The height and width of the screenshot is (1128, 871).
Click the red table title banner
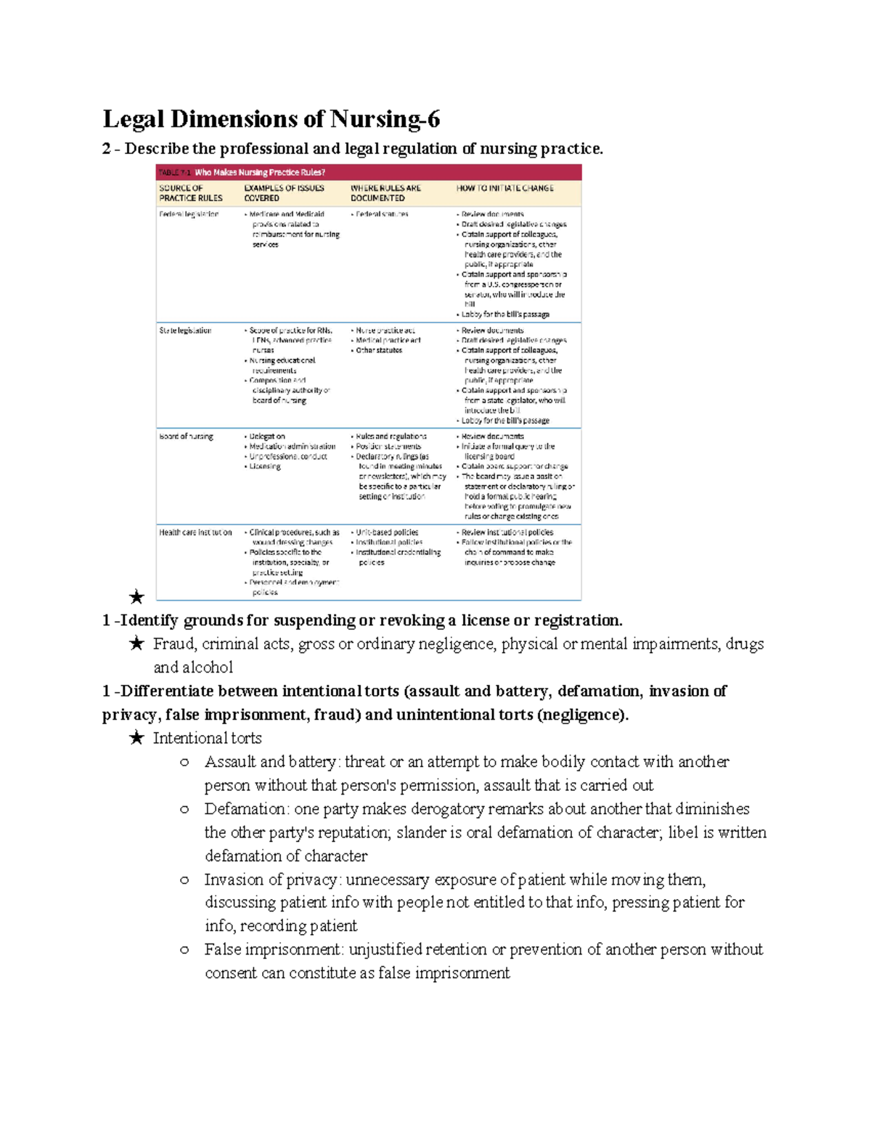coord(369,172)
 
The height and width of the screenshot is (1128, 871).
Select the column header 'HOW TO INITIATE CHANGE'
coord(504,188)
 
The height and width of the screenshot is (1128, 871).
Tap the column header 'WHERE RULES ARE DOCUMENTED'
coord(385,192)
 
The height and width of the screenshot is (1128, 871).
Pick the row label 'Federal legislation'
coord(189,214)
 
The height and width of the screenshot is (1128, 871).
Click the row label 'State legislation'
coord(185,330)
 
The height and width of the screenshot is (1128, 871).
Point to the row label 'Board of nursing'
coord(186,437)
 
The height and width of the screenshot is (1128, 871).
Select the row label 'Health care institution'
coord(195,532)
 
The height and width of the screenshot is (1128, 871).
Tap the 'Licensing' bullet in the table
coord(265,466)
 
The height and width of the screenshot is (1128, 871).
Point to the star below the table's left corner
coord(136,598)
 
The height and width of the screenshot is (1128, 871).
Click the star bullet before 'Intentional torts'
coord(136,739)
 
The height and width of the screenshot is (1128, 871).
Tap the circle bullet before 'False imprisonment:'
coord(184,949)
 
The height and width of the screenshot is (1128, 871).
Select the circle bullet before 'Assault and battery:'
coord(184,762)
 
